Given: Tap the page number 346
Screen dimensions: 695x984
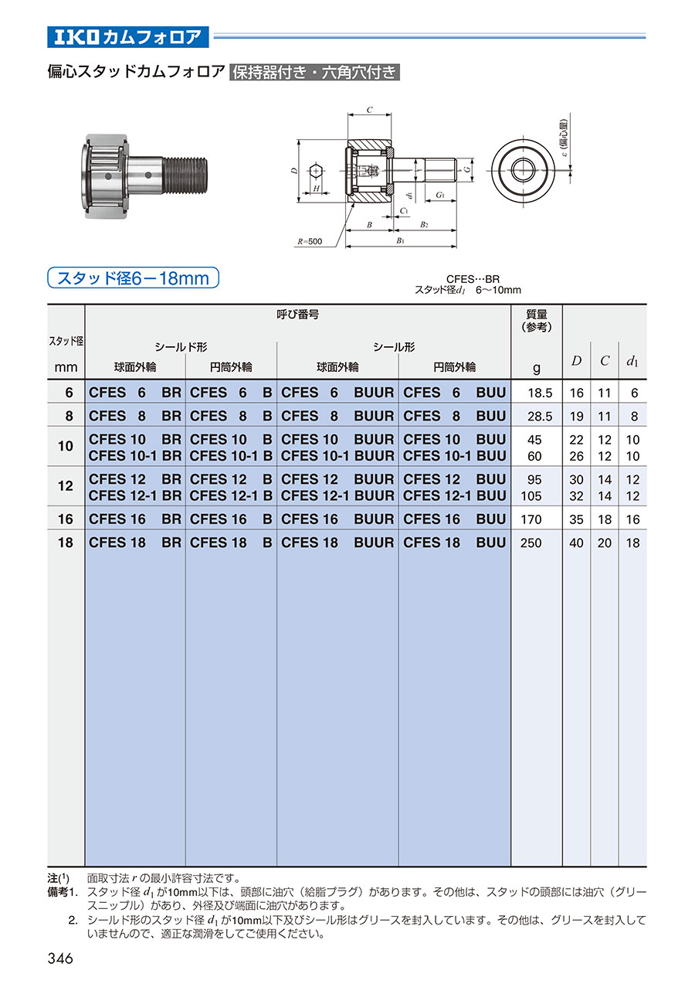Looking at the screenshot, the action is (x=60, y=958).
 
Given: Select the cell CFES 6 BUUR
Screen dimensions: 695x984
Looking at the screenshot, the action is (x=337, y=392).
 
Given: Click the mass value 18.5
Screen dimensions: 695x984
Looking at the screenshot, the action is (x=540, y=393).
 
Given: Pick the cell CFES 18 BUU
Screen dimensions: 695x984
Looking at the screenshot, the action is (x=455, y=543).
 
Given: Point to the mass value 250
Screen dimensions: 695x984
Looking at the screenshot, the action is (x=531, y=543).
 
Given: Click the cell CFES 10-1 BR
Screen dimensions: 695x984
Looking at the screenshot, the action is (x=135, y=456).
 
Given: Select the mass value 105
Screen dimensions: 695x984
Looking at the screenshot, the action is (x=531, y=496).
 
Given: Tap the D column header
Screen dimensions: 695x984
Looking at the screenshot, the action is (x=576, y=361).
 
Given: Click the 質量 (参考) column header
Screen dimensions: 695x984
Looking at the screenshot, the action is (x=536, y=320).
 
